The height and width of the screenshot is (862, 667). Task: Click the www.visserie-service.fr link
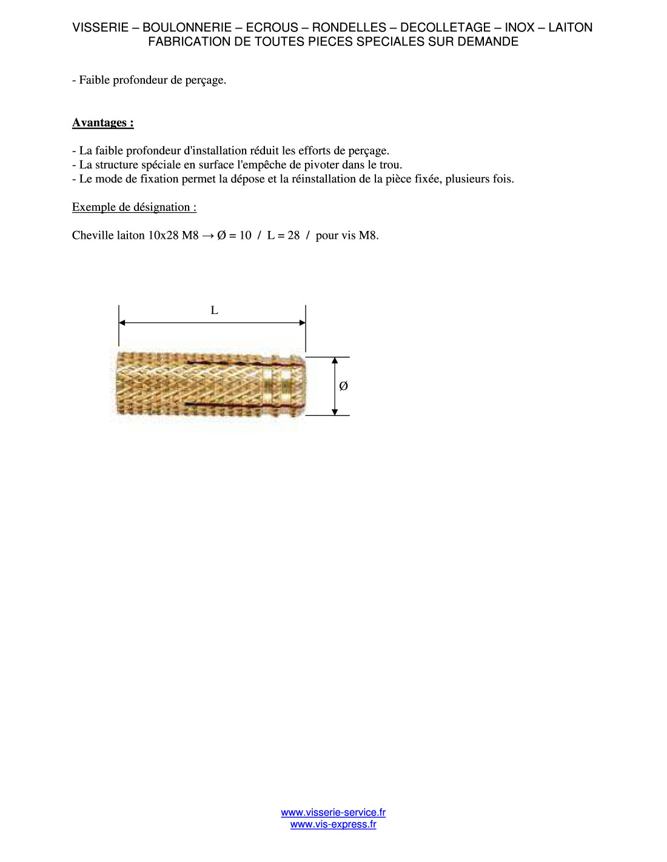point(333,812)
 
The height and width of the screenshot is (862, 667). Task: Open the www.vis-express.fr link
point(333,824)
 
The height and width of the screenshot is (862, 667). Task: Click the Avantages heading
point(102,122)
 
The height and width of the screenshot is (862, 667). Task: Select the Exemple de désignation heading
point(134,207)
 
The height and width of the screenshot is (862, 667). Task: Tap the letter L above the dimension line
point(214,310)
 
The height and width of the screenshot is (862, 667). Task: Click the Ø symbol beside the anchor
point(343,386)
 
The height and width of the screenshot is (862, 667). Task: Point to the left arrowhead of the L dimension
point(122,323)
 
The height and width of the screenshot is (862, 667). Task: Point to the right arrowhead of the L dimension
point(302,323)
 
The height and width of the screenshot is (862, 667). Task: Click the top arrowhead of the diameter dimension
point(335,361)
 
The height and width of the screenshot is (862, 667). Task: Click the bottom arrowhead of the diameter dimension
point(335,412)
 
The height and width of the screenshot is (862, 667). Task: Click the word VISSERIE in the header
point(100,27)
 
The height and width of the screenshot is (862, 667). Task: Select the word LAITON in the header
point(570,27)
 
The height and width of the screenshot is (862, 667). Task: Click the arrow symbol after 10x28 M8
point(207,236)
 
